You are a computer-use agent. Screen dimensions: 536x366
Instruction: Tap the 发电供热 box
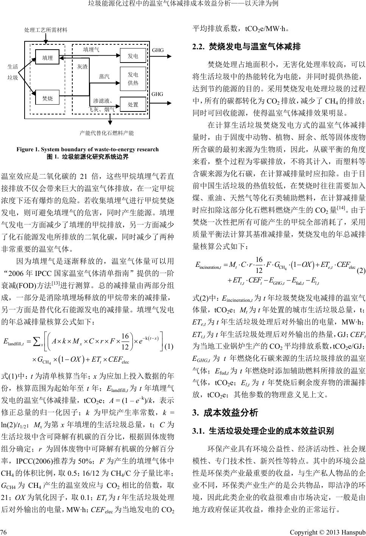(x=132, y=79)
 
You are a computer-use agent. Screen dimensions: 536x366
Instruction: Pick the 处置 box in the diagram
(x=132, y=104)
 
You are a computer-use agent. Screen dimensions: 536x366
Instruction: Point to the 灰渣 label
(x=82, y=66)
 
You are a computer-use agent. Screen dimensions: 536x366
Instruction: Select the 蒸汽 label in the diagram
(x=104, y=76)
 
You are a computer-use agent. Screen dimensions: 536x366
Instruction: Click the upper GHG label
(x=157, y=50)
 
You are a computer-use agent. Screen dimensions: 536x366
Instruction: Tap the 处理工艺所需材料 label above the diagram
(x=45, y=30)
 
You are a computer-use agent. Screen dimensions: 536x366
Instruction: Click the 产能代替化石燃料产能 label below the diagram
(x=107, y=133)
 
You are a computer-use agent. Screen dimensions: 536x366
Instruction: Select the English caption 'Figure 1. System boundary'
(x=87, y=149)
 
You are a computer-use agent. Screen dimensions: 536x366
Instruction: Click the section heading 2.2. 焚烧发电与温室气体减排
(x=246, y=47)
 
